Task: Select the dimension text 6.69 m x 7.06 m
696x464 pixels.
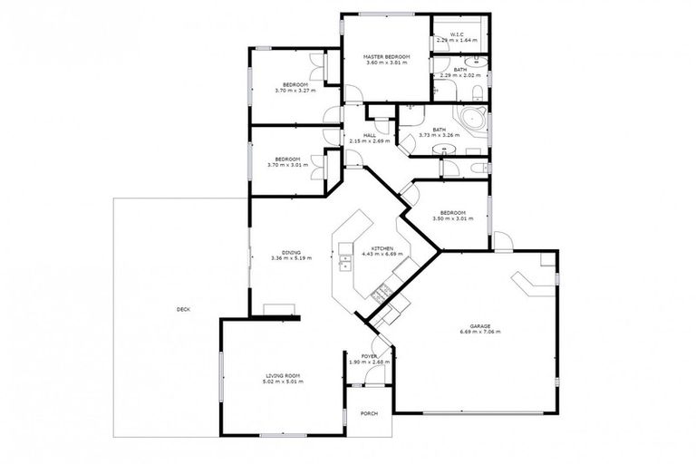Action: coord(479,333)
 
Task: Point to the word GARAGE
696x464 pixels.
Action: coord(479,325)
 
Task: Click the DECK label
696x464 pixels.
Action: coord(184,310)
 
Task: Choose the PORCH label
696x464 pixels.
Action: coord(369,414)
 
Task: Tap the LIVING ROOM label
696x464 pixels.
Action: coord(283,375)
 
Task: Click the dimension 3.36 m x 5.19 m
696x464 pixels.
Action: coord(291,258)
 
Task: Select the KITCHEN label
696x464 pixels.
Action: coord(382,247)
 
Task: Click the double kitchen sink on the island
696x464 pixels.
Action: coord(344,262)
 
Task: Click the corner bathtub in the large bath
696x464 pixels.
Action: coord(473,121)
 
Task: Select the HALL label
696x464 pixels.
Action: coord(370,135)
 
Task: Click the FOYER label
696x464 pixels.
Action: coord(369,356)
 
